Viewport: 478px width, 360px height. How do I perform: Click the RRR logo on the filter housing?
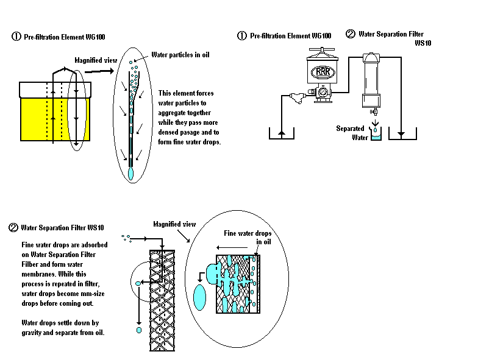(x=323, y=72)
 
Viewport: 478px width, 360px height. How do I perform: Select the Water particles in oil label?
(x=180, y=55)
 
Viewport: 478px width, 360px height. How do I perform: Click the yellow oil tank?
(x=55, y=119)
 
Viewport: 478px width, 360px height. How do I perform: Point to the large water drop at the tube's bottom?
(x=130, y=173)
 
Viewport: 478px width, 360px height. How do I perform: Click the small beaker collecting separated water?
(x=376, y=134)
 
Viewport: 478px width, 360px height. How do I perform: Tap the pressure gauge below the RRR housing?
(x=323, y=91)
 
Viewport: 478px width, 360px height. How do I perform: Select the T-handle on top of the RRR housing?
(x=322, y=49)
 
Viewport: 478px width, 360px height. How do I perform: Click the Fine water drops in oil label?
(x=248, y=238)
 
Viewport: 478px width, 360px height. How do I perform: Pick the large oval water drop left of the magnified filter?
(x=200, y=297)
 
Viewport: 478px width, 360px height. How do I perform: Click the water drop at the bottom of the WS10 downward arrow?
(x=139, y=330)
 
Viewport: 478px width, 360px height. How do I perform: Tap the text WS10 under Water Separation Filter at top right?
(x=423, y=43)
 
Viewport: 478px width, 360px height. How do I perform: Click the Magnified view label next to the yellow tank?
(x=96, y=60)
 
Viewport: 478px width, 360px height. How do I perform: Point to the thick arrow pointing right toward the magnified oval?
(x=99, y=71)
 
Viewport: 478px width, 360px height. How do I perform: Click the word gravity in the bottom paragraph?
(x=32, y=333)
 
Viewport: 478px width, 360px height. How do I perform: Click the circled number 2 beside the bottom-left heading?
(x=13, y=228)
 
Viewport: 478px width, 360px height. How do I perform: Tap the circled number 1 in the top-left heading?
(x=16, y=37)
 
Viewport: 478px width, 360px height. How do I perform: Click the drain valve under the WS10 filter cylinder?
(x=374, y=112)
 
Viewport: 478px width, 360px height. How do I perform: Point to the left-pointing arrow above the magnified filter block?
(x=232, y=247)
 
